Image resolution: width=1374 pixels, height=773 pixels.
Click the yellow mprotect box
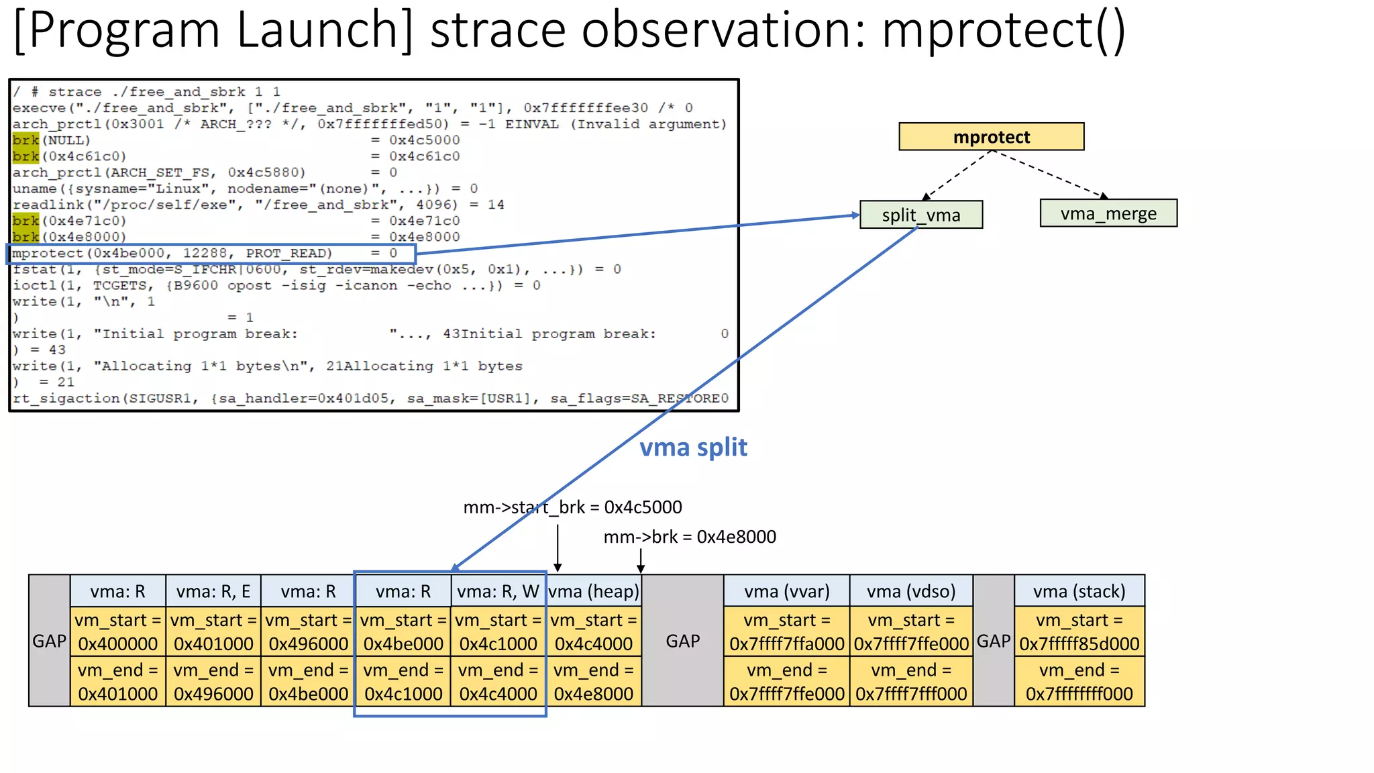991,137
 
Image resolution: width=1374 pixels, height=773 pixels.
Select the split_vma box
920,215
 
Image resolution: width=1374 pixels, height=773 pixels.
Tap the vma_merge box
1108,213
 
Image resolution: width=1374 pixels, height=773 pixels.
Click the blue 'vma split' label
693,447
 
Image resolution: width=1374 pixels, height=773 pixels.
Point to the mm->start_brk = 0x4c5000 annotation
572,507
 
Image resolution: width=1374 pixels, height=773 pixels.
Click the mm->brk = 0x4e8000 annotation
690,537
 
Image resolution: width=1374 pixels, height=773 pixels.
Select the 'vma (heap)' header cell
594,591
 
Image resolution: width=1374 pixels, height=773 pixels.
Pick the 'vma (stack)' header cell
1079,591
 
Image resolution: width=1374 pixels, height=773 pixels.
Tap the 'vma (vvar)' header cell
786,591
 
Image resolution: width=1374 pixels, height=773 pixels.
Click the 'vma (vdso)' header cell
910,591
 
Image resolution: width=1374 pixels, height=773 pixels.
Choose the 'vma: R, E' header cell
213,591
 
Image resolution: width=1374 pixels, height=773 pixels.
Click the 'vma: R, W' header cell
498,591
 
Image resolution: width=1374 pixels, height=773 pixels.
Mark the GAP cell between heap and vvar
682,641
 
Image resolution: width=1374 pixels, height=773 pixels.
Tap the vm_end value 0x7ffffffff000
1079,694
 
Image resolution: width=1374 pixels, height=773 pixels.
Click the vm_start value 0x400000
118,644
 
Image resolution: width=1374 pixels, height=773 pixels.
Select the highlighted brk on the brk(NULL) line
25,140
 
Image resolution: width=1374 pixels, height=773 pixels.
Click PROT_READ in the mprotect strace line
288,254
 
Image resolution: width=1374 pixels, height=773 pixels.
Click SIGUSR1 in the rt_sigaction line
160,399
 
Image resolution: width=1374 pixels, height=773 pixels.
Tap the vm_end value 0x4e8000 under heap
594,694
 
